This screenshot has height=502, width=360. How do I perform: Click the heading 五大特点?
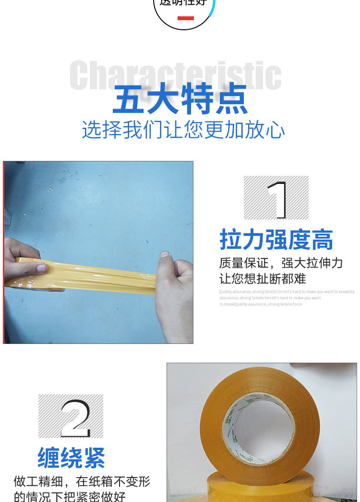(180, 99)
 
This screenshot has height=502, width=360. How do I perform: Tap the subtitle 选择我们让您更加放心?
(183, 130)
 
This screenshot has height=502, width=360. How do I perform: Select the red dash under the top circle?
(185, 18)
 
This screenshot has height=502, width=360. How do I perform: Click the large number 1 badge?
(276, 198)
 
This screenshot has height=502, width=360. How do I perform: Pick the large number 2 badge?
(71, 416)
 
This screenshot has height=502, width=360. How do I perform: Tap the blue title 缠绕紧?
(71, 458)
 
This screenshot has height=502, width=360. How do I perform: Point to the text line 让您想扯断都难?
(263, 278)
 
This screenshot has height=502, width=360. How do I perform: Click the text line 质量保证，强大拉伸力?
(281, 263)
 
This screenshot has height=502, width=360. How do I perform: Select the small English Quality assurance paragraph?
(286, 298)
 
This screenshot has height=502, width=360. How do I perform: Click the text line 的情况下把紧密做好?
(70, 495)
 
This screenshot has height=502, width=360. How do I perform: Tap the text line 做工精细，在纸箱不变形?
(82, 481)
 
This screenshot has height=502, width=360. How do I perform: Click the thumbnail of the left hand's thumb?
(41, 269)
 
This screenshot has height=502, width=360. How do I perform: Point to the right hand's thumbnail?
(164, 254)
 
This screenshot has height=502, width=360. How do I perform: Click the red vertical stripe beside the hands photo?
(4, 252)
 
